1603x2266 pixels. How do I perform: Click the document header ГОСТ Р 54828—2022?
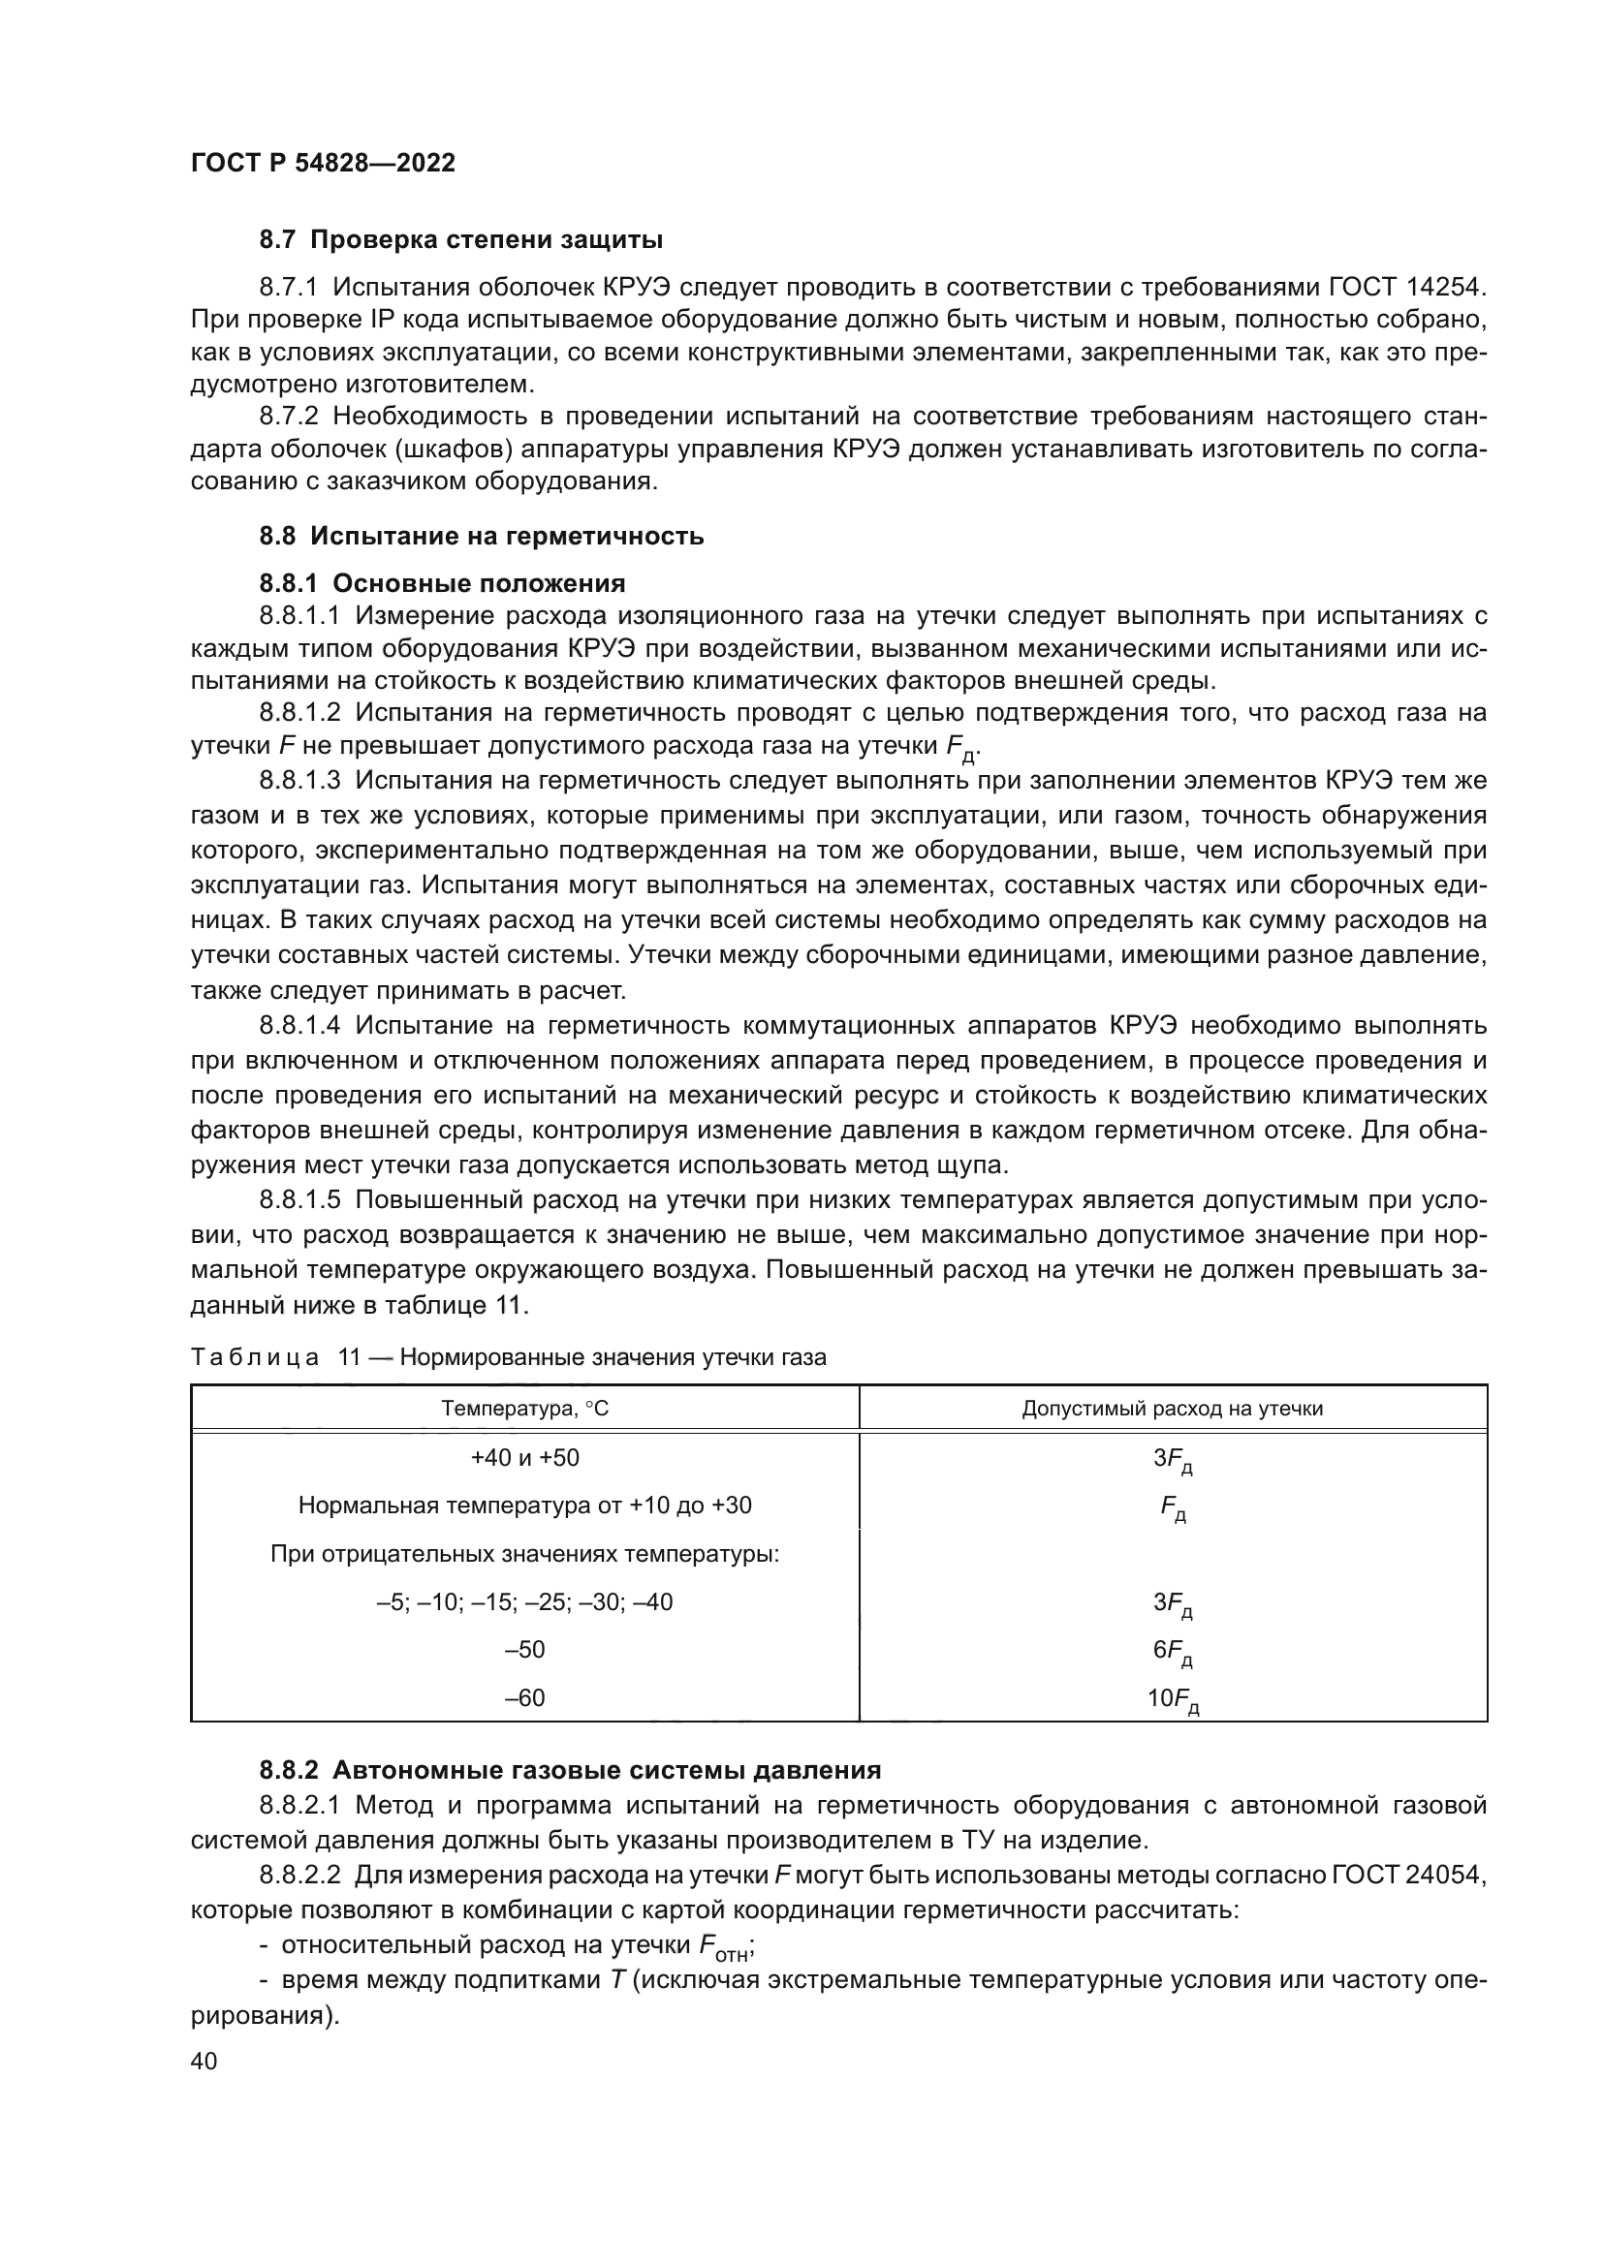[323, 164]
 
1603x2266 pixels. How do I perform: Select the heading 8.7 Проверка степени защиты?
[460, 240]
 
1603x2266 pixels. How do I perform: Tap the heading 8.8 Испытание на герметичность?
[481, 536]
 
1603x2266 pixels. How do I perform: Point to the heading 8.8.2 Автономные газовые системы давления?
[570, 1770]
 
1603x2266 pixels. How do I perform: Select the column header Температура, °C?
[524, 1409]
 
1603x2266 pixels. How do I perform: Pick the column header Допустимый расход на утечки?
[1172, 1409]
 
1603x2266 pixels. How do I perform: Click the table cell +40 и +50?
[524, 1458]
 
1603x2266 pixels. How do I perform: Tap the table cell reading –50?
[524, 1649]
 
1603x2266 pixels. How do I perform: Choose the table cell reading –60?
[524, 1697]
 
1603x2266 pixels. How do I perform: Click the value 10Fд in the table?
[1172, 1699]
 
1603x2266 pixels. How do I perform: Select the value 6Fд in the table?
[1172, 1651]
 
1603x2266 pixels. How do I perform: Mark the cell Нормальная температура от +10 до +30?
[524, 1505]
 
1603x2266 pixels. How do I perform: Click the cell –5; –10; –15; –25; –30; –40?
[524, 1601]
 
